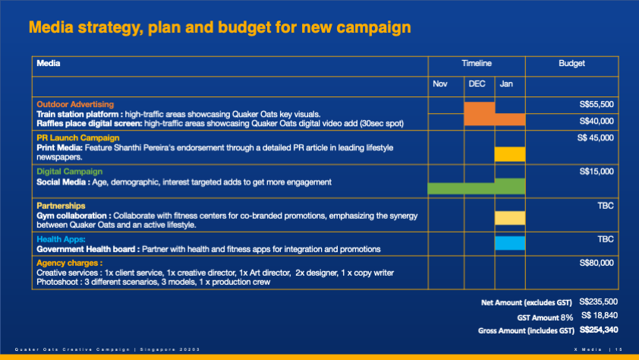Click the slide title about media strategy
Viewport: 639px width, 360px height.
(x=219, y=28)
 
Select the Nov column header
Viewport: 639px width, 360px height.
(x=440, y=84)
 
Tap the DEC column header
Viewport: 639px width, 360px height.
(x=477, y=84)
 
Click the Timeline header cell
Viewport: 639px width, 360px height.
(x=477, y=63)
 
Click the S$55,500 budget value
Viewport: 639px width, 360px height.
(x=596, y=104)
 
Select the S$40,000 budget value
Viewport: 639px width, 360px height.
(x=596, y=121)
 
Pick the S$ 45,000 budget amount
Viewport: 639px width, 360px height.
(x=595, y=137)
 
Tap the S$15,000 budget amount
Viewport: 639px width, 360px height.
(x=596, y=172)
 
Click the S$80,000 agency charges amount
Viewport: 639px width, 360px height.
(x=596, y=264)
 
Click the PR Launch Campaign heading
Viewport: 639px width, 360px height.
(x=77, y=137)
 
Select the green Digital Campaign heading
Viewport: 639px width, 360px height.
(x=69, y=172)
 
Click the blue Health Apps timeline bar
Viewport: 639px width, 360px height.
(x=509, y=243)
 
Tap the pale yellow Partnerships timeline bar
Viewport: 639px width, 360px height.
(x=509, y=218)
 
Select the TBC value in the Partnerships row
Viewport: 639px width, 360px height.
(x=605, y=206)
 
